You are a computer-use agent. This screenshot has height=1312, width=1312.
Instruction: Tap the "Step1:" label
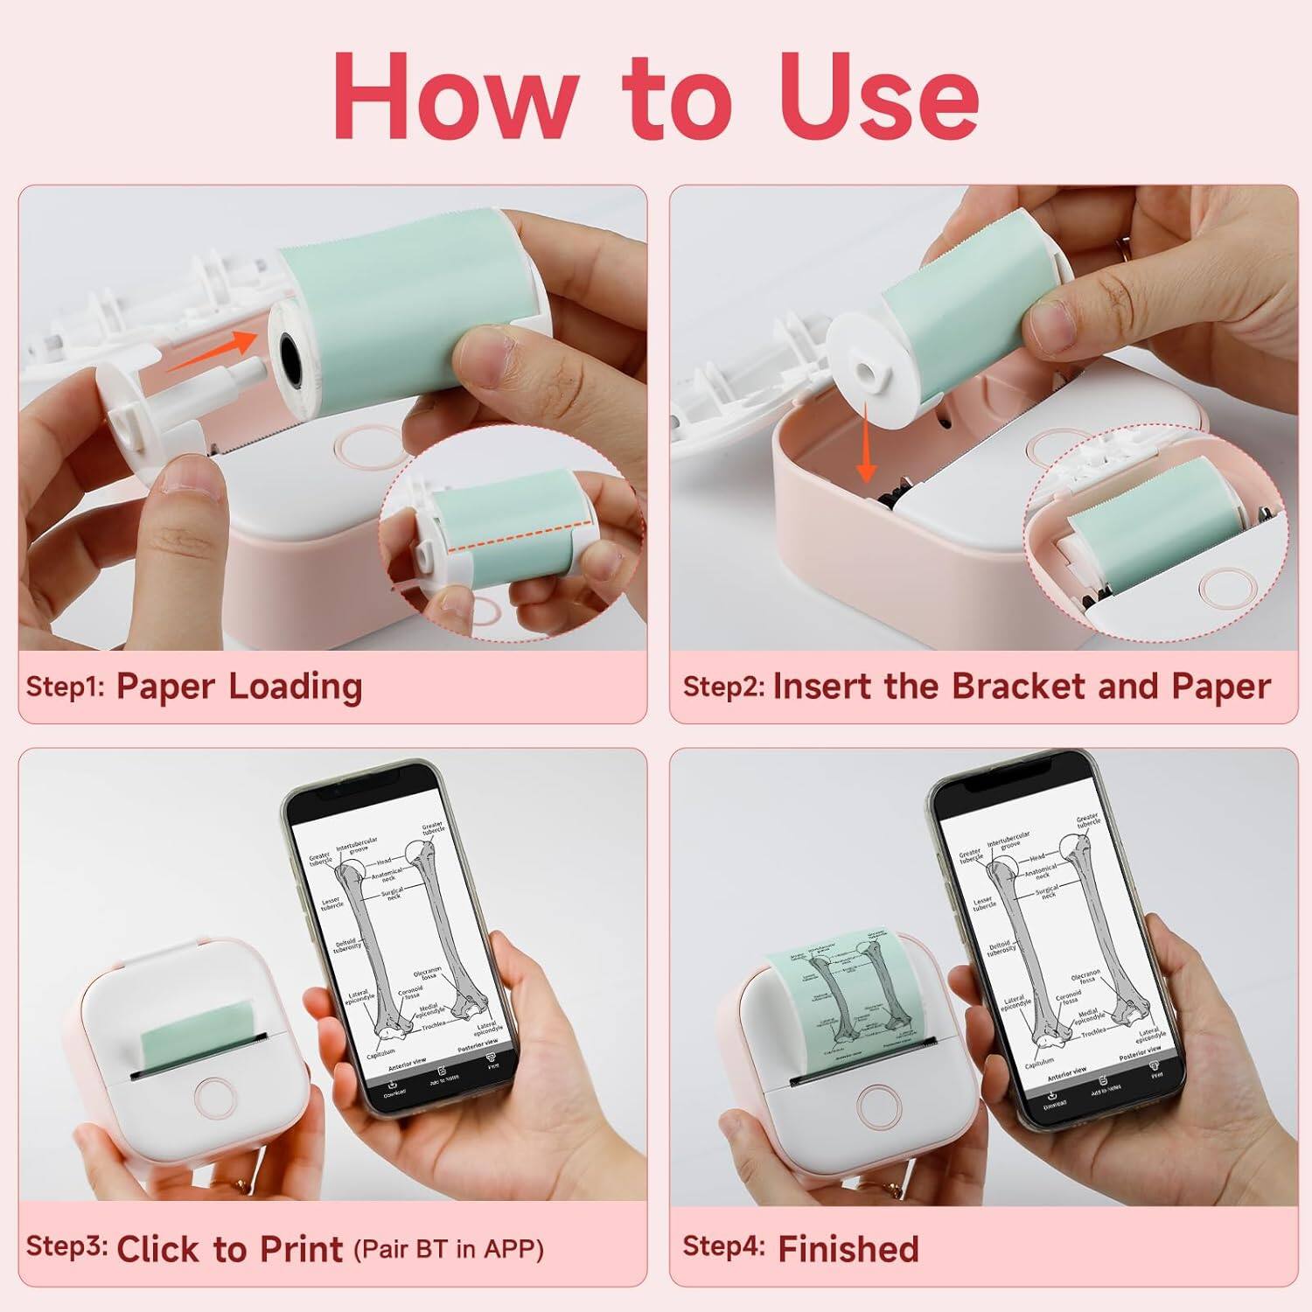(x=65, y=687)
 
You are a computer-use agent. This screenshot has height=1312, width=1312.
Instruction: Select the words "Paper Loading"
(x=239, y=687)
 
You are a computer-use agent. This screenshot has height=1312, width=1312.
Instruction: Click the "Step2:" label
(x=723, y=687)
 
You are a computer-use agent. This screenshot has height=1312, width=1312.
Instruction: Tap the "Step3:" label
(x=66, y=1246)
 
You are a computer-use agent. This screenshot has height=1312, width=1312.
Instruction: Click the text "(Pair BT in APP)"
(x=449, y=1248)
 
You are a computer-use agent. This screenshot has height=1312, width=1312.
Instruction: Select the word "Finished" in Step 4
(x=848, y=1248)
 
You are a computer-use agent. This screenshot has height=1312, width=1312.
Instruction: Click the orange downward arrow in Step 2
(x=866, y=442)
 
